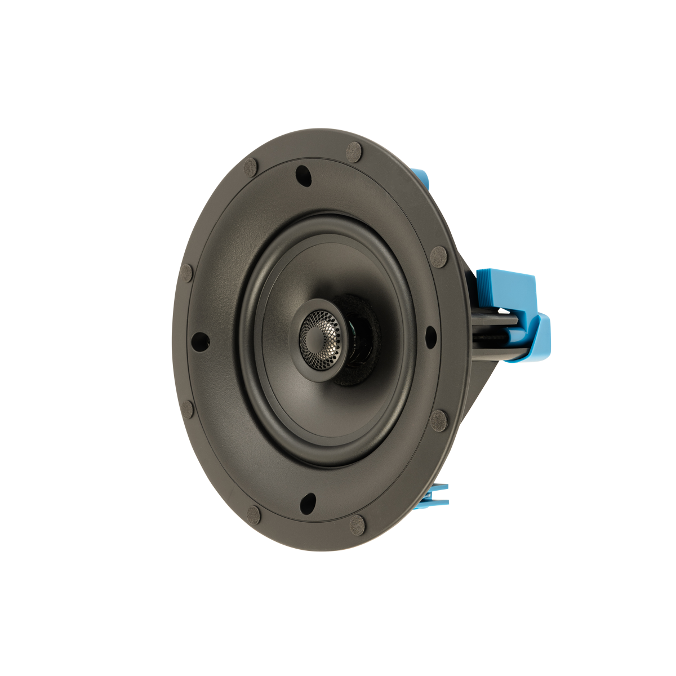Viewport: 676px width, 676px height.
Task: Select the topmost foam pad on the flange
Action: pyautogui.click(x=353, y=152)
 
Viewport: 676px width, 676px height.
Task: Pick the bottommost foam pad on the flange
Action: pyautogui.click(x=357, y=526)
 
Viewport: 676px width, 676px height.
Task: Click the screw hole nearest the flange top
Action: pyautogui.click(x=303, y=176)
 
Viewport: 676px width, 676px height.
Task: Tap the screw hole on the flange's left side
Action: pyautogui.click(x=199, y=341)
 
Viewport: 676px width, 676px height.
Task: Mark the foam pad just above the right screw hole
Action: pyautogui.click(x=438, y=256)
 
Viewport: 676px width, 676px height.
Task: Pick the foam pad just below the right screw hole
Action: pyautogui.click(x=439, y=420)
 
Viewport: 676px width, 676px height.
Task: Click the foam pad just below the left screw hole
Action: pyautogui.click(x=188, y=408)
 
